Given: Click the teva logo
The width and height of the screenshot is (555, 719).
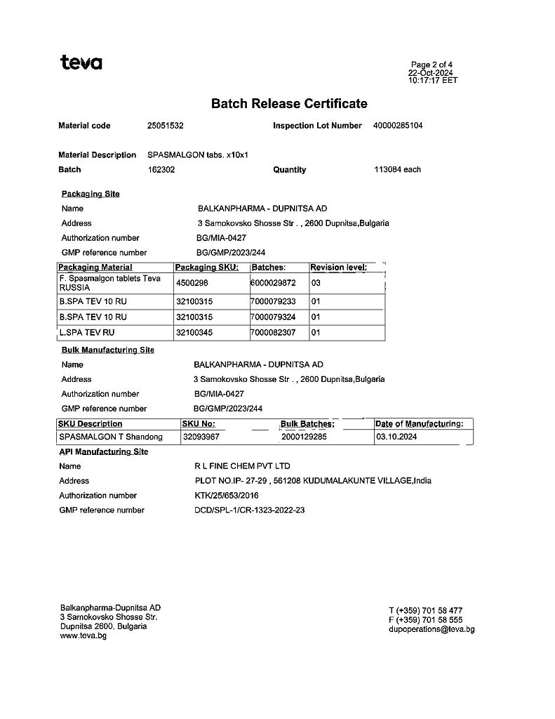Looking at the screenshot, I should coord(81,62).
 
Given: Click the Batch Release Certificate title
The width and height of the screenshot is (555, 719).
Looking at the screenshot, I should coord(289,104).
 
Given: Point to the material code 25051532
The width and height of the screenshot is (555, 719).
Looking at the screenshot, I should coord(165,126).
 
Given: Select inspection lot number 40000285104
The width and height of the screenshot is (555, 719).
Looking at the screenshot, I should coord(398,126).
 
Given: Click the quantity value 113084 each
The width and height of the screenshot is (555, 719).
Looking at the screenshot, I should coord(397,169).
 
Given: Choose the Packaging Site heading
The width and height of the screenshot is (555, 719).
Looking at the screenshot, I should coord(91,194).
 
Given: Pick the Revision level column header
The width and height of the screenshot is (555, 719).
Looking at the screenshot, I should coord(338,268).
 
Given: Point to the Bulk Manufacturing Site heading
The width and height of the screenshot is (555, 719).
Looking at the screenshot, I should coord(108,350).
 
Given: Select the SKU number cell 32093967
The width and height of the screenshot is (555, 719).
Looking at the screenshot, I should coord(201,437).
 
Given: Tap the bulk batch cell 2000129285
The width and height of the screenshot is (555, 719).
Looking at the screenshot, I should coord(305,437).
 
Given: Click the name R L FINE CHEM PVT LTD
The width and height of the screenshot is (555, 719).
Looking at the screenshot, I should coord(242,466).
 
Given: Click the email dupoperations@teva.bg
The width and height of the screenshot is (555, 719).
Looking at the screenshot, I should coord(432,630).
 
